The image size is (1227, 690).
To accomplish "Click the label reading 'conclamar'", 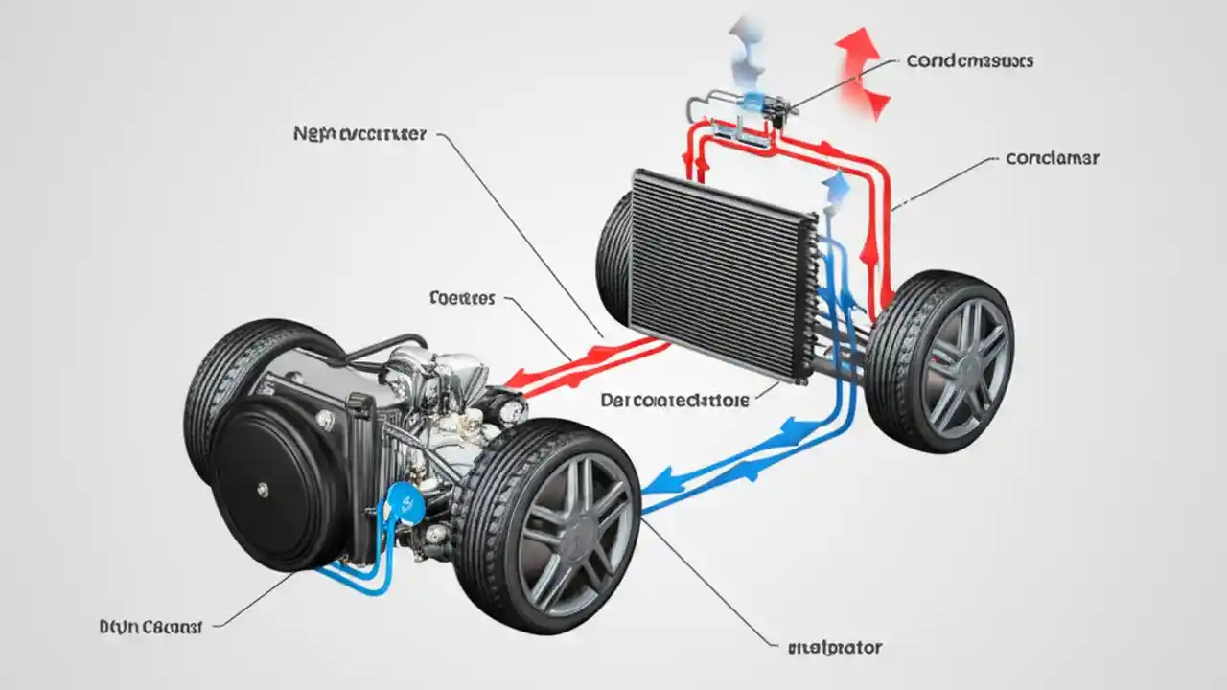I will [1052, 158].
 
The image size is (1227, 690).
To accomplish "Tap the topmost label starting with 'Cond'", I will [969, 60].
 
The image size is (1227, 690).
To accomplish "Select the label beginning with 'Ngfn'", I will [359, 135].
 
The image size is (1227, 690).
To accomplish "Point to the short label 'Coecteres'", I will [462, 299].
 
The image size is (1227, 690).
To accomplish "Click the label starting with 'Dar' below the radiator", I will [675, 400].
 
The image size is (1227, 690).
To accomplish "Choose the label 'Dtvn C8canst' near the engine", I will [150, 627].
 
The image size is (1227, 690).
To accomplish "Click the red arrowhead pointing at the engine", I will [518, 379].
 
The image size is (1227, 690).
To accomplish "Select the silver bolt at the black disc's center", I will [261, 489].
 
